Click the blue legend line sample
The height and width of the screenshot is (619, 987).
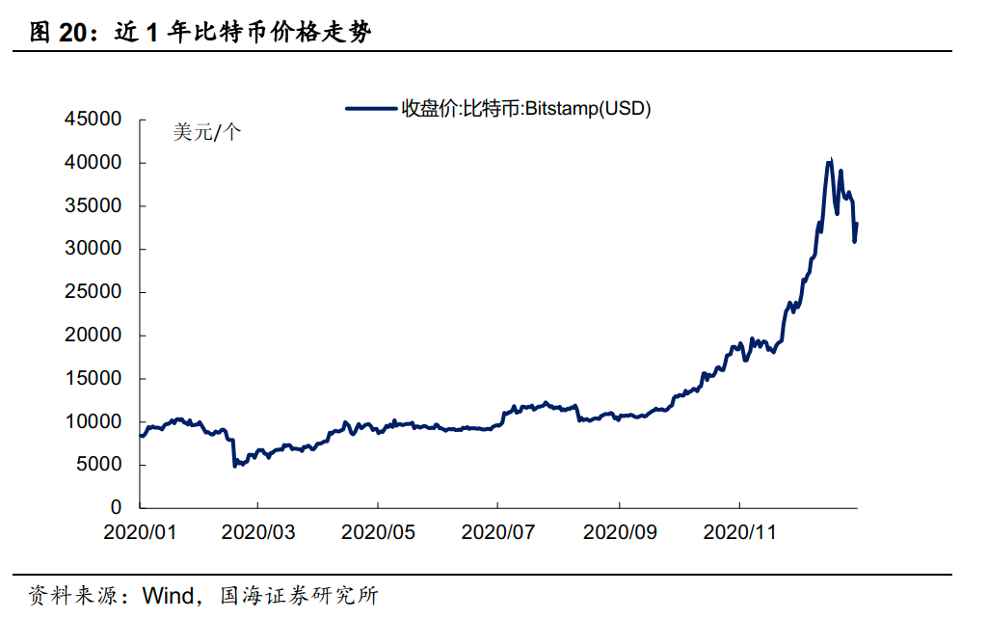click(372, 109)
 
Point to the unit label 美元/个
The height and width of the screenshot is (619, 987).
click(207, 133)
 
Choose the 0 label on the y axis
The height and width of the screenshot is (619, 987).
click(117, 508)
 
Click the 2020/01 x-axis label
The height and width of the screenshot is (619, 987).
click(139, 531)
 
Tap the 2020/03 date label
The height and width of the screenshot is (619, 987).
click(257, 531)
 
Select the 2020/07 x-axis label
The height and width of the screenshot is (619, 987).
click(497, 531)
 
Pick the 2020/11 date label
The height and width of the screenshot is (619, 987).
click(739, 531)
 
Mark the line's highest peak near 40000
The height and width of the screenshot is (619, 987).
click(830, 161)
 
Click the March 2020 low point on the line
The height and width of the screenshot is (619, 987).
click(235, 466)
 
